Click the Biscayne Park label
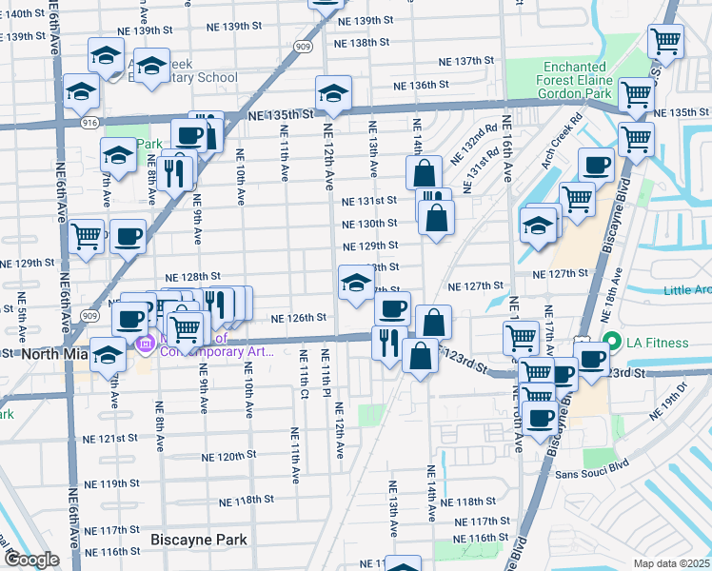click(199, 540)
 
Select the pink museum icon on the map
click(146, 344)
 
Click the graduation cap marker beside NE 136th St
click(333, 94)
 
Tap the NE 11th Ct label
click(305, 370)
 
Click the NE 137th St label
click(466, 61)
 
